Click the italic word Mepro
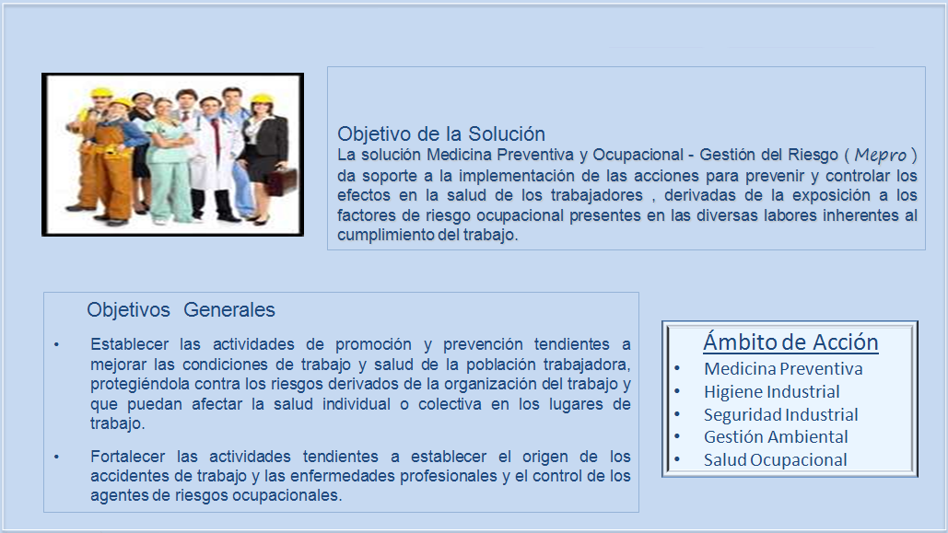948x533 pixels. [x=881, y=156]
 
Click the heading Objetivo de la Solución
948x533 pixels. [x=441, y=133]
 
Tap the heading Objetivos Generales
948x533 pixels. [x=181, y=309]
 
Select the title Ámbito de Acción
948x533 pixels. [x=790, y=342]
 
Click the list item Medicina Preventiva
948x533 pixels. [x=783, y=368]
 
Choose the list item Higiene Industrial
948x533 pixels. [x=771, y=391]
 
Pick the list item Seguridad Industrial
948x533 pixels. [x=780, y=414]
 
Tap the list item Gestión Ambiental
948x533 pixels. [x=776, y=436]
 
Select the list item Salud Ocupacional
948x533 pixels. [x=775, y=459]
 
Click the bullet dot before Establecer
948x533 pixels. [x=56, y=344]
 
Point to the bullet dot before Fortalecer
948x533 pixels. [x=56, y=457]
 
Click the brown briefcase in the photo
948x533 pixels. [x=283, y=181]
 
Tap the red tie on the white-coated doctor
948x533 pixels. [x=217, y=135]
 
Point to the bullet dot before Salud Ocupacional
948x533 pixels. [x=677, y=460]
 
